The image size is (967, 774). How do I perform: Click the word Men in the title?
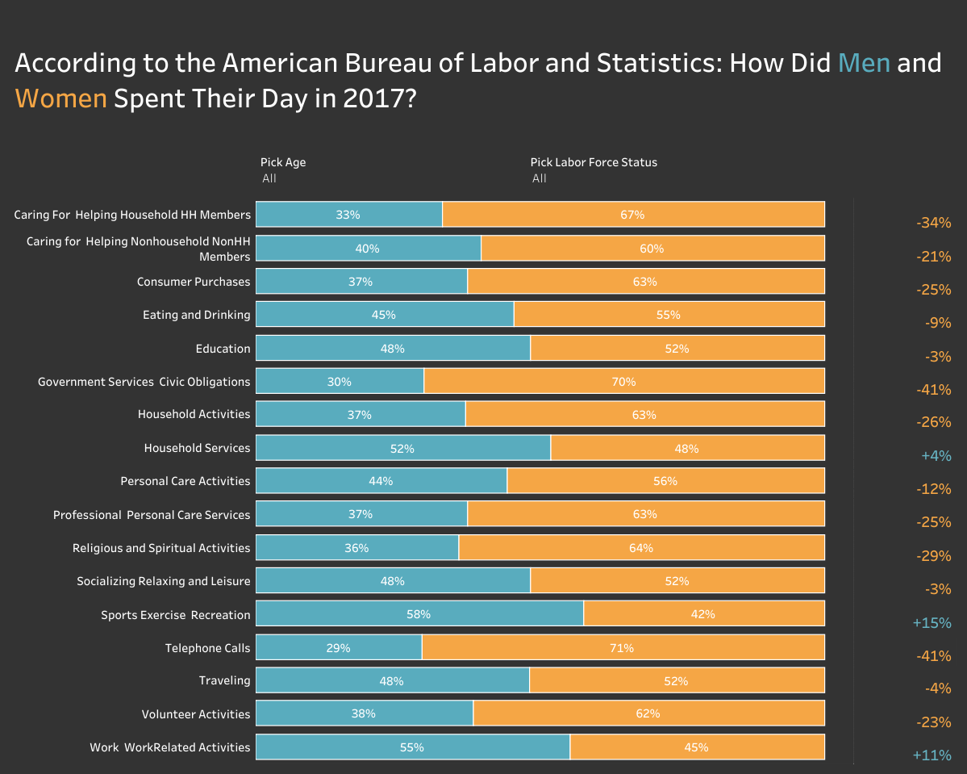point(864,63)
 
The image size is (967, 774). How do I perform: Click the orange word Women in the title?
point(60,98)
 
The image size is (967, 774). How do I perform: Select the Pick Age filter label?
point(283,162)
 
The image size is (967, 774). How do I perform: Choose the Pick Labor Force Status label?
point(594,162)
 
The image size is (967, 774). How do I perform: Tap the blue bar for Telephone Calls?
point(339,647)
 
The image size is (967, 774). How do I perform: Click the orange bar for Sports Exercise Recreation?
point(703,613)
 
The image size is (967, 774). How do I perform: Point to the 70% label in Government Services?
point(623,381)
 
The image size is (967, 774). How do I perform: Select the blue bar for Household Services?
point(402,448)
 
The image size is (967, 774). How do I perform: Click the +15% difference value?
point(932,623)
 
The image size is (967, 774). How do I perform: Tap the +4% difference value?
point(936,456)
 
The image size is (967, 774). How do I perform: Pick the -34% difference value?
point(934,223)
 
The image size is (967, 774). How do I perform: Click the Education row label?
point(223,349)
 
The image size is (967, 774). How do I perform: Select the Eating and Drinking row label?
point(197,315)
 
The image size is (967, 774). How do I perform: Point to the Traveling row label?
point(224,680)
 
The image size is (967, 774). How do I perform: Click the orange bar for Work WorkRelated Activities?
point(697,747)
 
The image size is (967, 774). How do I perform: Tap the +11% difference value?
point(932,755)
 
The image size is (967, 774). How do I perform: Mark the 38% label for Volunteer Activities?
point(363,713)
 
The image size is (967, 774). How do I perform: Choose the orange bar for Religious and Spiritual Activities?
point(641,547)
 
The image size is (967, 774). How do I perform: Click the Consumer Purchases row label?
point(194,282)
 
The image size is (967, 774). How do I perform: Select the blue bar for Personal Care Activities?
point(381,481)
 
